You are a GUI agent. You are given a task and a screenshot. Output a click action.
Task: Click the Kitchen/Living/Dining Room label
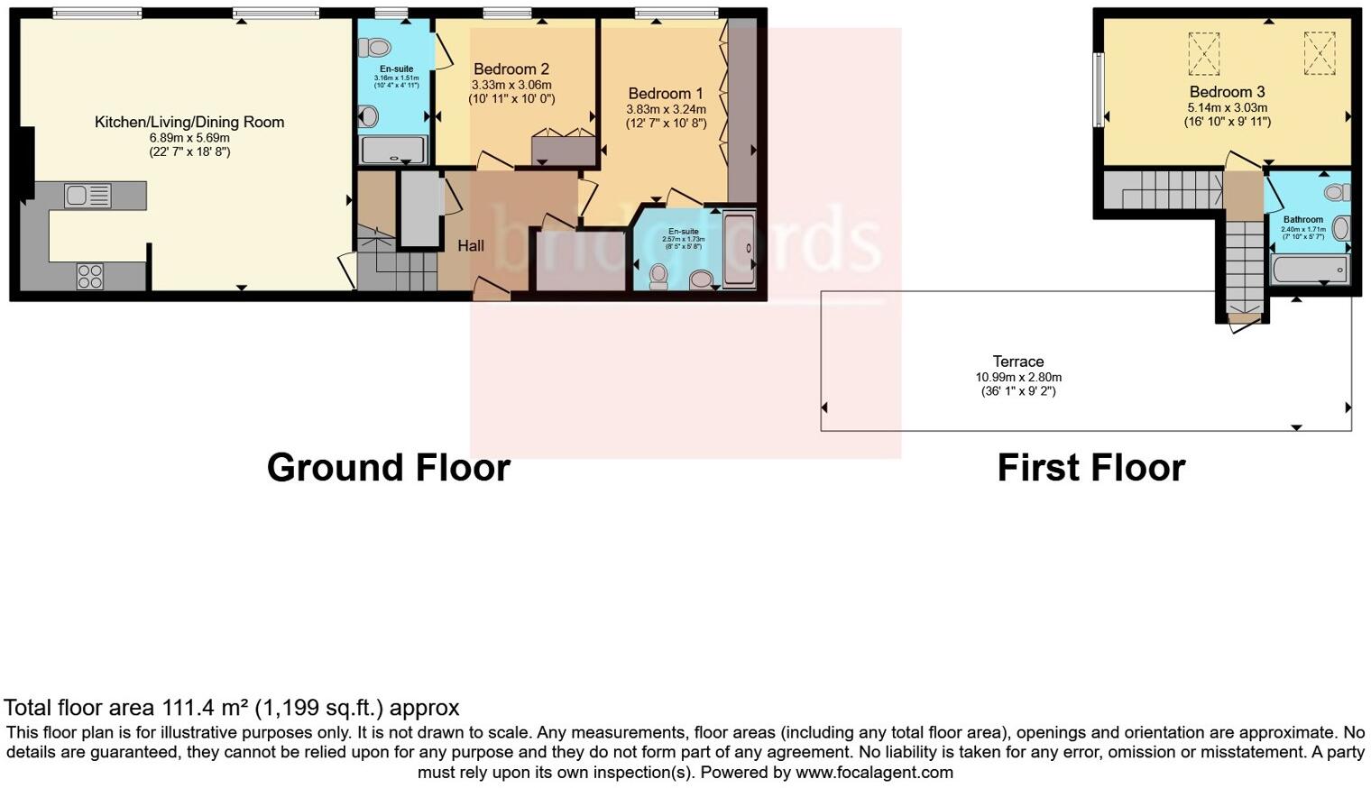tap(189, 122)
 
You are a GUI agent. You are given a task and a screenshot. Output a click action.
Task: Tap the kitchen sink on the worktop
tap(87, 195)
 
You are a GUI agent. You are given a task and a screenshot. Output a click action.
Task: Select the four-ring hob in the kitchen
tap(89, 276)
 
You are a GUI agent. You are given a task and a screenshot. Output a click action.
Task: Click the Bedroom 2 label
tap(511, 69)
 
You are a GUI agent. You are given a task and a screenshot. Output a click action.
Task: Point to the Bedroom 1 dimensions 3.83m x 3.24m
tap(666, 109)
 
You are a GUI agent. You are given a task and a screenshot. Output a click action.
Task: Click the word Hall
tap(471, 245)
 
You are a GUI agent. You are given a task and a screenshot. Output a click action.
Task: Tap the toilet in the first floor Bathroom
tap(1339, 192)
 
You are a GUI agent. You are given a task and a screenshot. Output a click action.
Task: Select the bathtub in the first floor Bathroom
tap(1309, 270)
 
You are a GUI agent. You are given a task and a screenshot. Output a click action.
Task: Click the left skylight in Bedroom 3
tap(1203, 54)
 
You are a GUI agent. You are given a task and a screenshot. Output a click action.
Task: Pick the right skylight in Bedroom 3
tap(1319, 54)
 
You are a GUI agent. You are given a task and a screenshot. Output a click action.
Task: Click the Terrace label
tap(1018, 362)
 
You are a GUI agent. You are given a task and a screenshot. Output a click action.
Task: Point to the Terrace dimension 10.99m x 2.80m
tap(1018, 377)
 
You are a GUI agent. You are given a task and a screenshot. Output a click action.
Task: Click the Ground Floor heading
tap(389, 468)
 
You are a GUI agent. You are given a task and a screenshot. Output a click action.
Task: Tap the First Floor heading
tap(1090, 468)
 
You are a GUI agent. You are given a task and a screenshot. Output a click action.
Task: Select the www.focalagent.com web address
tap(874, 773)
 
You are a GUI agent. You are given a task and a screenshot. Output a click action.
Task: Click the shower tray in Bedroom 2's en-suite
tap(393, 150)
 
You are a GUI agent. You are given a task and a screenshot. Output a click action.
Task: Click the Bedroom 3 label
tap(1227, 92)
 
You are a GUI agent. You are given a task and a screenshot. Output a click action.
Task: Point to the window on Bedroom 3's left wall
tap(1099, 89)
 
